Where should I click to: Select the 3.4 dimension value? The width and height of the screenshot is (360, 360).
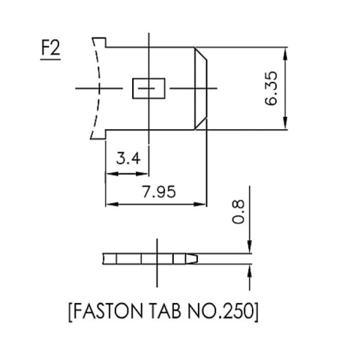click(128, 159)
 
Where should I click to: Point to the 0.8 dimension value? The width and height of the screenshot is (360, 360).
click(238, 214)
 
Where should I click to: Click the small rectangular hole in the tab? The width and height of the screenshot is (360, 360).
click(148, 89)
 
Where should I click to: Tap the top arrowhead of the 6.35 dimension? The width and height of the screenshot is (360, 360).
click(285, 53)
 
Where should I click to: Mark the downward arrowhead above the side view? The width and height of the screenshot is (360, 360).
click(250, 248)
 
